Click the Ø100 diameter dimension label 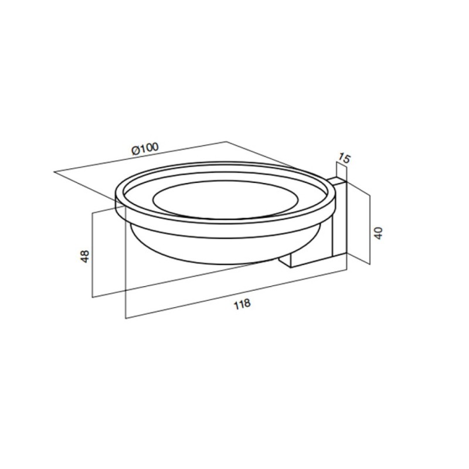(145, 149)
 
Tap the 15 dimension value (344, 158)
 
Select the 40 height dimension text (378, 233)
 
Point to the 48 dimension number (85, 256)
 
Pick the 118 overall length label (242, 304)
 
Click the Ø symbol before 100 (135, 151)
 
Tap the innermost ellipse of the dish (226, 199)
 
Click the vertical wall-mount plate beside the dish (340, 219)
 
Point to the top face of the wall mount (337, 181)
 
